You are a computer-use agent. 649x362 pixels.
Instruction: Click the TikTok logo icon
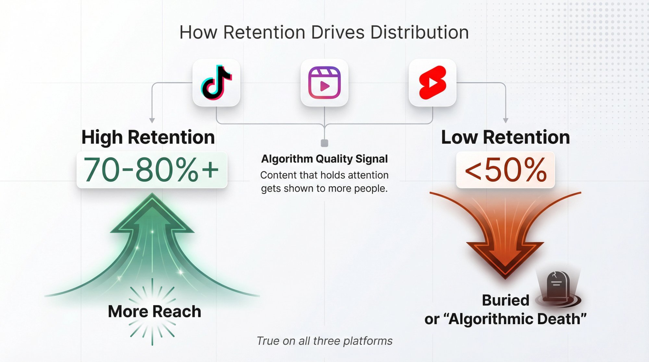tap(216, 83)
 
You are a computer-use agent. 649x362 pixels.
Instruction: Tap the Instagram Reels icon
tap(324, 83)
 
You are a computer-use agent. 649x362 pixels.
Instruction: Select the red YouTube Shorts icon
tap(433, 83)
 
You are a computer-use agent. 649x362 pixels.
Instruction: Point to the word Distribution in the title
tap(419, 32)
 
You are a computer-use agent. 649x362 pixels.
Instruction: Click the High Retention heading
tap(148, 137)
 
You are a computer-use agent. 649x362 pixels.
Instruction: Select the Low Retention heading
tap(505, 137)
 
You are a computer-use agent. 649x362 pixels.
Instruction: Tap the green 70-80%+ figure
tap(152, 170)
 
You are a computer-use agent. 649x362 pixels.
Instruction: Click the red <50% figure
tap(505, 170)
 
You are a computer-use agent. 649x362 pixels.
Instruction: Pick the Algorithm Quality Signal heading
tap(324, 159)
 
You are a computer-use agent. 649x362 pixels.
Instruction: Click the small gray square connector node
tap(324, 143)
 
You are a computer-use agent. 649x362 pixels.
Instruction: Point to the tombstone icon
tap(557, 285)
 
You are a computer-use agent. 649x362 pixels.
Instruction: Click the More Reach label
tap(154, 311)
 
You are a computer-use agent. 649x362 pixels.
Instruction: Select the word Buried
tap(505, 300)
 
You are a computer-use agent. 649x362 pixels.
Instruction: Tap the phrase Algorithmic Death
tap(518, 319)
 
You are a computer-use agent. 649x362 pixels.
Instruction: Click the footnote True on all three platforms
tap(324, 341)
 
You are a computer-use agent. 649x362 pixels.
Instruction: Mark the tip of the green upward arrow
tap(152, 196)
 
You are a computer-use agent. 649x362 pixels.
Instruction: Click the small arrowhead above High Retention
tap(152, 121)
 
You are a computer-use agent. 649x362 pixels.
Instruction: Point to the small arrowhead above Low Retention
tap(506, 121)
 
